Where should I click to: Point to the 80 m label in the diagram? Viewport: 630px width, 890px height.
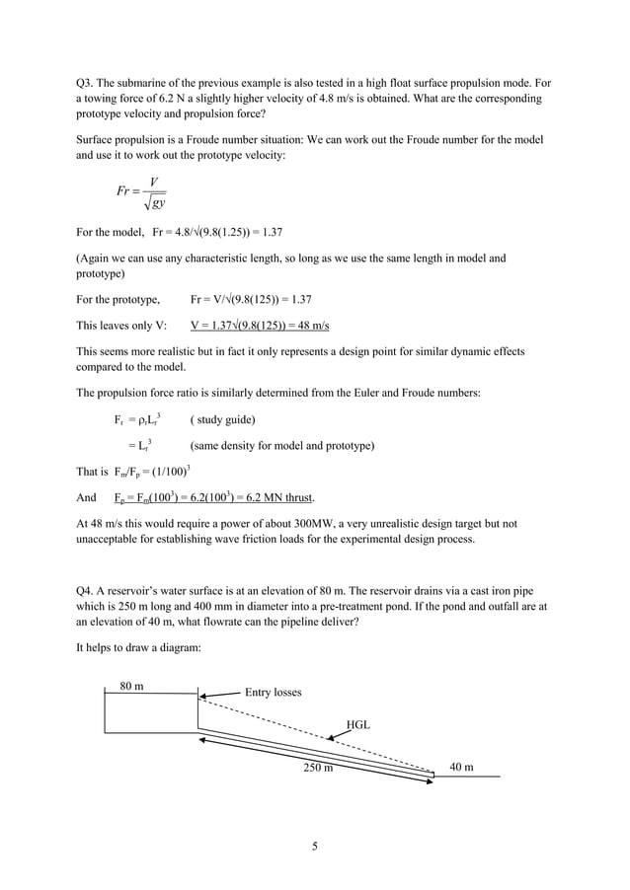click(x=132, y=685)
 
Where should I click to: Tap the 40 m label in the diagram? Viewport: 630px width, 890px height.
click(x=461, y=767)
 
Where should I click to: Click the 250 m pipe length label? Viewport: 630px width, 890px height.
click(x=318, y=768)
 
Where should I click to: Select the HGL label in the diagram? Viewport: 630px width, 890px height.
click(x=358, y=724)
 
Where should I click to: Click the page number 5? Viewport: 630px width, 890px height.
click(x=314, y=845)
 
